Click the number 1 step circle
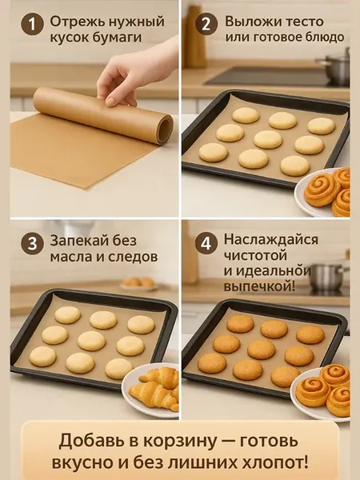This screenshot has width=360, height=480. click(32, 25)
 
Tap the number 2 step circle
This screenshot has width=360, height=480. click(206, 25)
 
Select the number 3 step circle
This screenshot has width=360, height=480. click(32, 244)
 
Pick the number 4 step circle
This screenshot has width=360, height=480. click(206, 244)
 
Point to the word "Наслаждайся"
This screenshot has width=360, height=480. click(271, 239)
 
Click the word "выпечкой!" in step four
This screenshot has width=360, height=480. click(259, 287)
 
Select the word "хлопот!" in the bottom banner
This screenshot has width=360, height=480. click(275, 462)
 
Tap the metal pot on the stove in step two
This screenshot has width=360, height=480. click(334, 66)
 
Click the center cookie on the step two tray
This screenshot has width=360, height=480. click(268, 139)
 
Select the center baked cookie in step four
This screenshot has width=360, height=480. click(261, 350)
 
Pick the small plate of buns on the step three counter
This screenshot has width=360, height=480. click(138, 284)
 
